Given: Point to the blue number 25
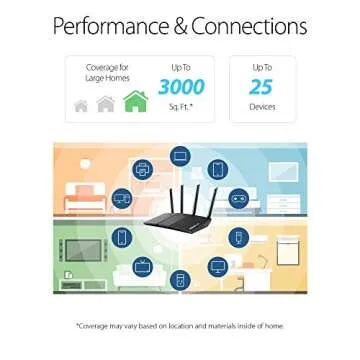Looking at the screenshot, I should pos(261,88).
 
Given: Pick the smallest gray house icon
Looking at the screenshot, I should pos(81,106).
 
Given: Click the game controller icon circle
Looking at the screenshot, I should pos(237,200).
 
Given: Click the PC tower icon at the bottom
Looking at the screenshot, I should pos(180,281).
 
